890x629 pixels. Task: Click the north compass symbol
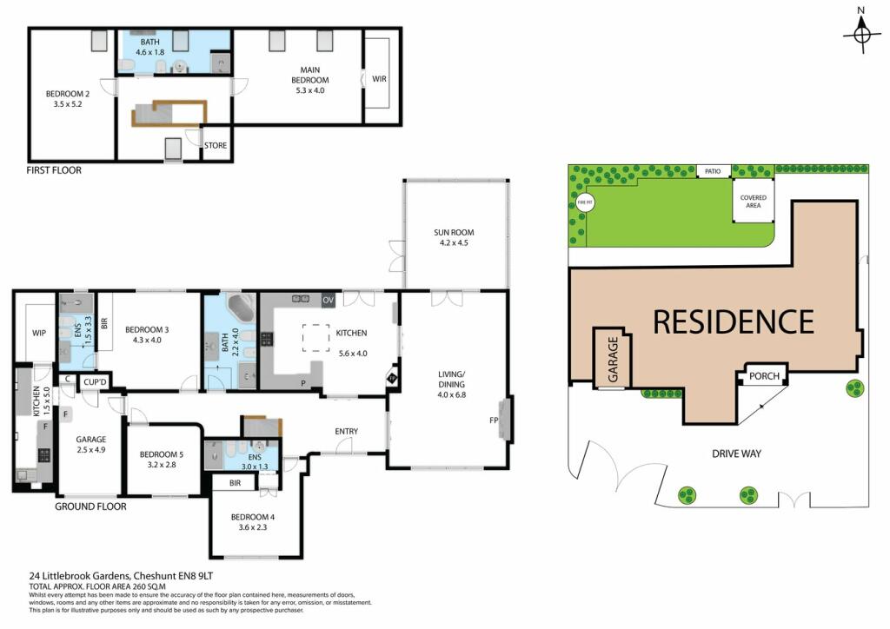tap(861, 34)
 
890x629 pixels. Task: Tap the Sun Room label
tap(455, 233)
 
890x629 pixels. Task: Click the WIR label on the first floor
tap(379, 79)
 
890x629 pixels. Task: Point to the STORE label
tap(216, 145)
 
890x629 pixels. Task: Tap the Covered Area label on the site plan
tap(753, 202)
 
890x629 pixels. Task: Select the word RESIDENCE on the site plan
tap(733, 321)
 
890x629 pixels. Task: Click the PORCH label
tap(763, 377)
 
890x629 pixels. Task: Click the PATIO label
tap(714, 172)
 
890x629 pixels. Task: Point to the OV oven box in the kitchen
tap(328, 300)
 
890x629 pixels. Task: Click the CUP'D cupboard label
tap(94, 381)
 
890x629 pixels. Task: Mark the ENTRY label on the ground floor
tap(347, 432)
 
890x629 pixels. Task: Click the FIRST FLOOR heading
tap(54, 170)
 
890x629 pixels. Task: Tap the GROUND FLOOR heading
tap(90, 507)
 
